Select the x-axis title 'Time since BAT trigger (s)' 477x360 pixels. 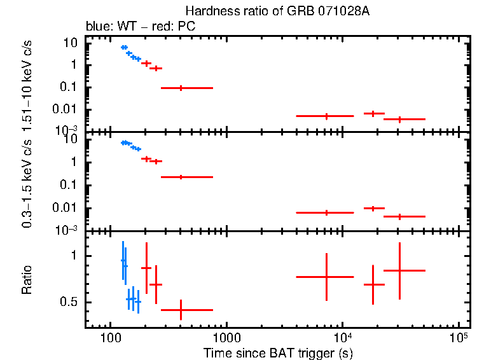coord(278,352)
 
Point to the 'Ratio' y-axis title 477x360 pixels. coord(27,280)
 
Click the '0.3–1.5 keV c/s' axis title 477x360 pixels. coord(27,184)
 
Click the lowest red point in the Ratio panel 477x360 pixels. coord(181,310)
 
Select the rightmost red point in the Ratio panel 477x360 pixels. coord(399,270)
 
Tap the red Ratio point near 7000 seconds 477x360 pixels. coord(326,277)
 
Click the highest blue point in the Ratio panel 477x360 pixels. coord(123,260)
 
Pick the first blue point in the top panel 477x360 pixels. coord(123,47)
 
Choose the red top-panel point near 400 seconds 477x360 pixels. coord(181,88)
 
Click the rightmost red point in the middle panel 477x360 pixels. coord(399,216)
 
